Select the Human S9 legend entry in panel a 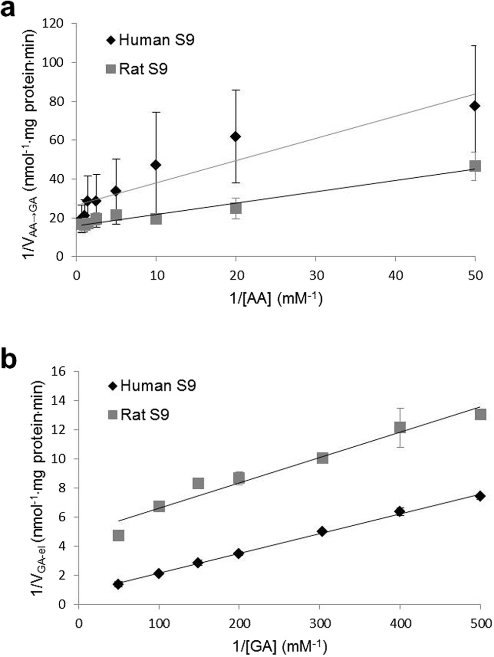pyautogui.click(x=150, y=40)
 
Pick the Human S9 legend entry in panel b pyautogui.click(x=152, y=386)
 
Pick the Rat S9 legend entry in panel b pyautogui.click(x=138, y=414)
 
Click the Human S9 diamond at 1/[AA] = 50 pyautogui.click(x=475, y=106)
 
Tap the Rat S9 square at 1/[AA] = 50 pyautogui.click(x=475, y=166)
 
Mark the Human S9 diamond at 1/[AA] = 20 pyautogui.click(x=236, y=136)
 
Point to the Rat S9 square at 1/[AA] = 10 pyautogui.click(x=156, y=218)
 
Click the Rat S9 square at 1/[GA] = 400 pyautogui.click(x=400, y=427)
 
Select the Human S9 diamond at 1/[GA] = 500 pyautogui.click(x=480, y=496)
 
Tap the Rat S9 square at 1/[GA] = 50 pyautogui.click(x=118, y=536)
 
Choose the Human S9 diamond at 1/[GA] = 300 pyautogui.click(x=322, y=532)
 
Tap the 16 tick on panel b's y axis pyautogui.click(x=65, y=371)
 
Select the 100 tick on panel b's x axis pyautogui.click(x=159, y=624)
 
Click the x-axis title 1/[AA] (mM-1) pyautogui.click(x=275, y=299)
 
